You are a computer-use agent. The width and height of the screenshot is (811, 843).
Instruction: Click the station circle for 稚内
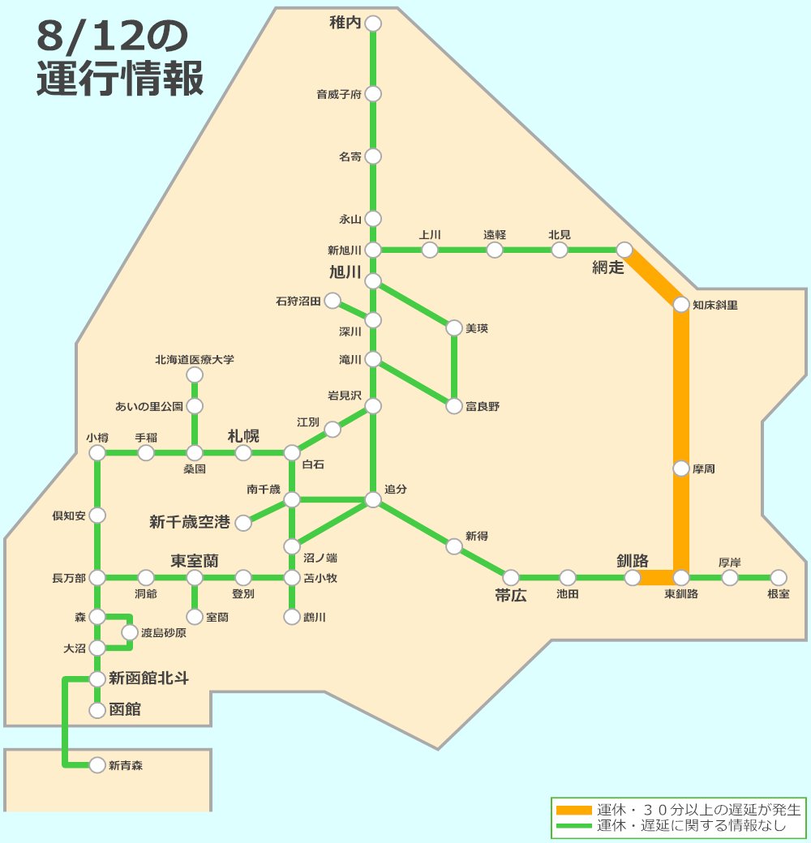click(373, 24)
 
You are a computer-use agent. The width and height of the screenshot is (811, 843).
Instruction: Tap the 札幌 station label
click(243, 436)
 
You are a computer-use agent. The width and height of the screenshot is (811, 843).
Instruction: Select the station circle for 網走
click(624, 250)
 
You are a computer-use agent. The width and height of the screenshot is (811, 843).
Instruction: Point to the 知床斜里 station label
click(715, 306)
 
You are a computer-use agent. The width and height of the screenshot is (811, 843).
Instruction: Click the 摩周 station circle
click(681, 469)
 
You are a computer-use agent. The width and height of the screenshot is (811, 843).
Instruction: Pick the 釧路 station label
click(633, 560)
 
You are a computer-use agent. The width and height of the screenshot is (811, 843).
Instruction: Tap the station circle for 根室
click(779, 577)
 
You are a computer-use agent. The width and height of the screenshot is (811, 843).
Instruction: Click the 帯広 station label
click(511, 596)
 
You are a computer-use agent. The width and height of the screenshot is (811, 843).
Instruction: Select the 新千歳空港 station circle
click(243, 523)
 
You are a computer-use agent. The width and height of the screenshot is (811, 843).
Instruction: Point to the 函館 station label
click(125, 710)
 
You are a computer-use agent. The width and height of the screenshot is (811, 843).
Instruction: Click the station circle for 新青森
click(97, 764)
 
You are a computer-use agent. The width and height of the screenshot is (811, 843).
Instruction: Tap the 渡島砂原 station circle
click(130, 632)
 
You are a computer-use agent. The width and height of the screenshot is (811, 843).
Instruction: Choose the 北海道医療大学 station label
click(195, 359)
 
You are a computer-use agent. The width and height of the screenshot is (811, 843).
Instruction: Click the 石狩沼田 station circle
click(333, 302)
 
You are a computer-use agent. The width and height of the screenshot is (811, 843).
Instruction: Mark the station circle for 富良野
click(454, 406)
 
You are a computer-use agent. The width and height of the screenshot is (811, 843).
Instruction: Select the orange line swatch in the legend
click(574, 810)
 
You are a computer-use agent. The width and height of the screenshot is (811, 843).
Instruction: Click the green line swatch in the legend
click(574, 826)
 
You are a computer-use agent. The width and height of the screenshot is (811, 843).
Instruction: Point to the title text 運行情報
click(120, 79)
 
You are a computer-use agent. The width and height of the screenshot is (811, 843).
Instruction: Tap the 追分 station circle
click(373, 500)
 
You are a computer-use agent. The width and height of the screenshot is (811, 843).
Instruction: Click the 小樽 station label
click(97, 437)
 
